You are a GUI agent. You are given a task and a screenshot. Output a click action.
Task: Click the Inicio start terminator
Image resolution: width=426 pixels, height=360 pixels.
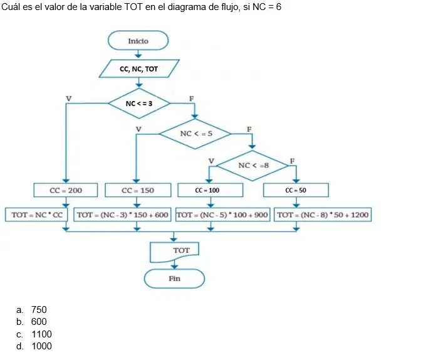[138, 41]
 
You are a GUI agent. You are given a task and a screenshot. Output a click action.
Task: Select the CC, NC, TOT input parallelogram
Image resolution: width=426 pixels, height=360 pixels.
[139, 69]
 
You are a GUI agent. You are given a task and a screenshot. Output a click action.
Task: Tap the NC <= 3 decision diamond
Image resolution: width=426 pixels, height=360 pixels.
[139, 103]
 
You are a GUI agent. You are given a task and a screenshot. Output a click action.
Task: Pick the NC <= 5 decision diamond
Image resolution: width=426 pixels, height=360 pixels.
[195, 134]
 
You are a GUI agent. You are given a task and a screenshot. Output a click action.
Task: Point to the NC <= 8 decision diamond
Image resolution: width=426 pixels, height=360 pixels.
[252, 166]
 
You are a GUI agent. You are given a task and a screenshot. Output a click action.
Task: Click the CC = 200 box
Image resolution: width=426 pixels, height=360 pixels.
[66, 190]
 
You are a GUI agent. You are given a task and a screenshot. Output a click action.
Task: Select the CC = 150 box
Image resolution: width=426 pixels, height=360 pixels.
[138, 190]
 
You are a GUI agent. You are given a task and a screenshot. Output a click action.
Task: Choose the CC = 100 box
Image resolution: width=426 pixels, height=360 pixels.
[210, 190]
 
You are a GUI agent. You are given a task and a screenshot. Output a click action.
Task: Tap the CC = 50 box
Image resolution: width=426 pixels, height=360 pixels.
[296, 190]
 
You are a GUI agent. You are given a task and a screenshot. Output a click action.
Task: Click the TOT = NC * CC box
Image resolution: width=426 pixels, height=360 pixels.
[36, 214]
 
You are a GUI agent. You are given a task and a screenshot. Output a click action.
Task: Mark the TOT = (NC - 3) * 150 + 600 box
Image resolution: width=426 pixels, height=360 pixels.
[122, 214]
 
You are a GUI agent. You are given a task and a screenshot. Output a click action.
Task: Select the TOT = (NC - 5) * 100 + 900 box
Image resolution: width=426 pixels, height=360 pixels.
[223, 214]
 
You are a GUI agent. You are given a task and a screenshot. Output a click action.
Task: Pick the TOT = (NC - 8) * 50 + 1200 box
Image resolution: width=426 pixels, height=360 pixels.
[323, 214]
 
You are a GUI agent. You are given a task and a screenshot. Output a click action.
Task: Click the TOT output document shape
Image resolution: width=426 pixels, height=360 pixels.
[174, 251]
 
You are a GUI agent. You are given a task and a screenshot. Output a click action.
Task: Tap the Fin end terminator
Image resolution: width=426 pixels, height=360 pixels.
[174, 278]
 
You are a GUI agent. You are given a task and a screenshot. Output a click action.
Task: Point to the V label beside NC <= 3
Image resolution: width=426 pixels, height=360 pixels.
[69, 98]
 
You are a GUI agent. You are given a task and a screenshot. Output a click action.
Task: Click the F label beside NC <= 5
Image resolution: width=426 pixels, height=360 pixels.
[249, 129]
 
